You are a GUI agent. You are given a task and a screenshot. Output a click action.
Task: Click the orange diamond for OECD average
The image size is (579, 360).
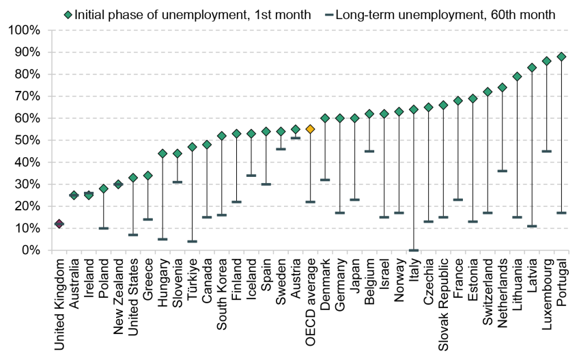click(310, 129)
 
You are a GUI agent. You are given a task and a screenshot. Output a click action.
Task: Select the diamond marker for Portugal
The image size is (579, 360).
click(562, 57)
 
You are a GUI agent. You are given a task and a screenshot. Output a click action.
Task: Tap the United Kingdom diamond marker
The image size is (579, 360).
click(59, 223)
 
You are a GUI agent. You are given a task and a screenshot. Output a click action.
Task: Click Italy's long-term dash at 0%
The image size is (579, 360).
click(414, 250)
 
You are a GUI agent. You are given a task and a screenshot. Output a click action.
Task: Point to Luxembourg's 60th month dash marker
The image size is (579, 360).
click(547, 151)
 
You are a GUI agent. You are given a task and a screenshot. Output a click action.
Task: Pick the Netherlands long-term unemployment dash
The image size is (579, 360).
click(503, 171)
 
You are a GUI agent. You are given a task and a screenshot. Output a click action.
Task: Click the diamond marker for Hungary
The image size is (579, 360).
click(163, 154)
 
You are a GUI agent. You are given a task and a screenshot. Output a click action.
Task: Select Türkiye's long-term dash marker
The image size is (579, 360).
click(192, 241)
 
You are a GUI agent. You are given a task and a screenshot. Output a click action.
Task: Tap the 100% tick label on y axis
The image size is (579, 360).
click(26, 31)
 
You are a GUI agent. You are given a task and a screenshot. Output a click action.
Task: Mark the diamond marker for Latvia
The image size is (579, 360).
click(532, 68)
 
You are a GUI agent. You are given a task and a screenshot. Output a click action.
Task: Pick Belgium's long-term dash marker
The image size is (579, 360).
click(369, 151)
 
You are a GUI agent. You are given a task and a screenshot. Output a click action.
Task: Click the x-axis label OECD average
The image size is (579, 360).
click(310, 294)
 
